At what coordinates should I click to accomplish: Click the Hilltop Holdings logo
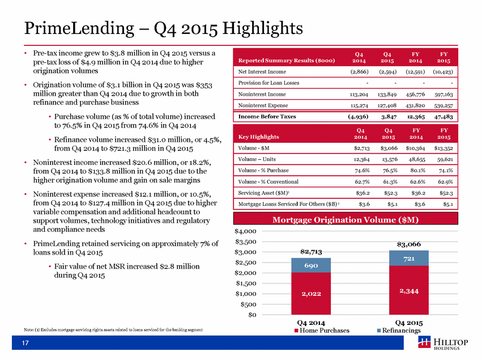[443, 343]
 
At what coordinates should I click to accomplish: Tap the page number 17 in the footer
[25, 343]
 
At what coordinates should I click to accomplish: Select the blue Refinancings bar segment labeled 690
[311, 265]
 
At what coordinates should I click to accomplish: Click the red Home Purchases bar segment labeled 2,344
[409, 290]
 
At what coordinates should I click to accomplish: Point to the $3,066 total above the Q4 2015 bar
[409, 244]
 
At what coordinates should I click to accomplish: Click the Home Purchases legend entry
[322, 331]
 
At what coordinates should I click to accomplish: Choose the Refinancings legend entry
[399, 331]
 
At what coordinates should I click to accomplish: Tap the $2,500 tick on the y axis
[245, 262]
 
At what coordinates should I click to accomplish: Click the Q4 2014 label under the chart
[311, 323]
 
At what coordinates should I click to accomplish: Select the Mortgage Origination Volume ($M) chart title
[345, 220]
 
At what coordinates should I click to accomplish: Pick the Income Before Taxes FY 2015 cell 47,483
[443, 117]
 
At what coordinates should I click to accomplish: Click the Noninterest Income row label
[262, 94]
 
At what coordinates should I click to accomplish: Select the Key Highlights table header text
[258, 137]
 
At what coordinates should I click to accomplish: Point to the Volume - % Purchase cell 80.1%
[417, 171]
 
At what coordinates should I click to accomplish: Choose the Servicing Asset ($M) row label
[264, 193]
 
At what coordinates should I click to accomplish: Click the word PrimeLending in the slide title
[79, 28]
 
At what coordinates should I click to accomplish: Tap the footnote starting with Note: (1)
[113, 330]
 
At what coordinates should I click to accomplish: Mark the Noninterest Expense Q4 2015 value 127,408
[387, 105]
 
